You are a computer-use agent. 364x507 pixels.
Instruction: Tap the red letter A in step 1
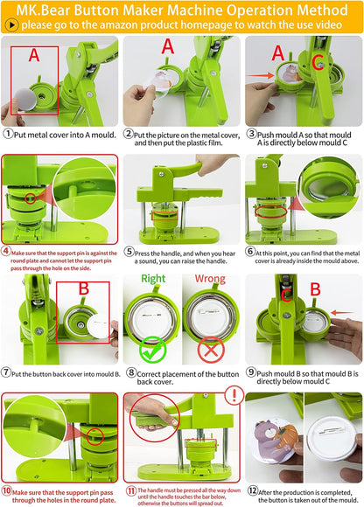pos(33,55)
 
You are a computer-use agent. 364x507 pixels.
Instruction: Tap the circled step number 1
pos(8,134)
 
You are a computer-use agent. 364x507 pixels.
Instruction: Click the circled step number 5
pos(129,251)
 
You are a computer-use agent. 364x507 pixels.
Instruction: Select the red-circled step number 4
pos(7,251)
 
